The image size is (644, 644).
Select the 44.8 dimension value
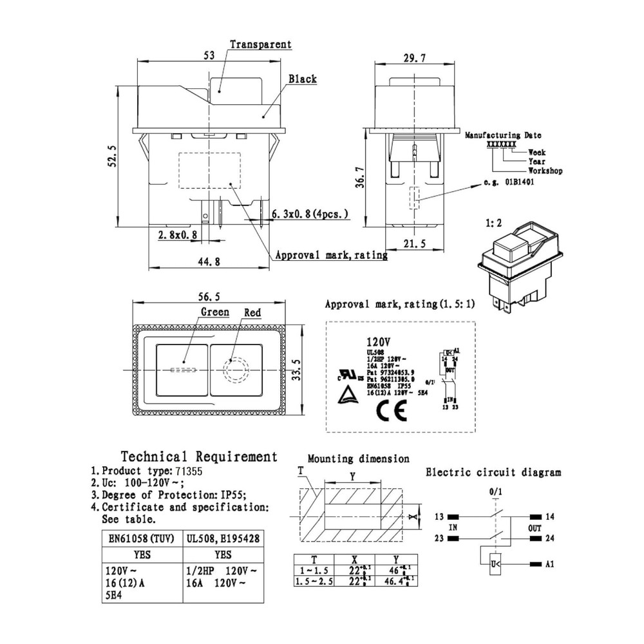pyautogui.click(x=206, y=261)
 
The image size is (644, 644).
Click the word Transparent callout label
pyautogui.click(x=260, y=45)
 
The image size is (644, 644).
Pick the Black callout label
pyautogui.click(x=302, y=79)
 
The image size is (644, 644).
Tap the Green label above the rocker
pyautogui.click(x=214, y=312)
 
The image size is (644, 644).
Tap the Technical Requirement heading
pyautogui.click(x=199, y=457)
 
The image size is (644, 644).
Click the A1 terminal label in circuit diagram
pyautogui.click(x=549, y=564)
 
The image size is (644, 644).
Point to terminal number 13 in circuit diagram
pyautogui.click(x=440, y=516)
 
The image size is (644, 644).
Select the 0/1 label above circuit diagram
pyautogui.click(x=495, y=493)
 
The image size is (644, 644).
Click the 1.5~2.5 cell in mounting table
pyautogui.click(x=314, y=582)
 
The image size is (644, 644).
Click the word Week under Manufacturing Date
pyautogui.click(x=536, y=152)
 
